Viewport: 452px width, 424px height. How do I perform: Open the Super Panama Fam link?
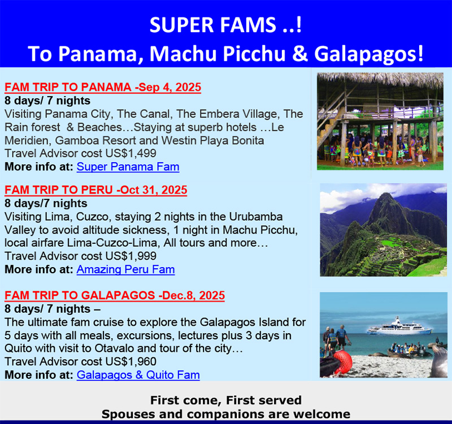click(x=128, y=167)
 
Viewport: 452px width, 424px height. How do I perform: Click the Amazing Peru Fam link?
click(x=125, y=270)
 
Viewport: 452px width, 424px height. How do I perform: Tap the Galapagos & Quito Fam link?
click(x=138, y=375)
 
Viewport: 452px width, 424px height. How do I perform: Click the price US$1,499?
click(x=131, y=153)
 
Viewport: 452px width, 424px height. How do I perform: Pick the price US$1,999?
click(x=131, y=256)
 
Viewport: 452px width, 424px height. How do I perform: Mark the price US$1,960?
click(x=131, y=361)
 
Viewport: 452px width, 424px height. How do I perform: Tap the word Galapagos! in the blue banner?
click(x=369, y=54)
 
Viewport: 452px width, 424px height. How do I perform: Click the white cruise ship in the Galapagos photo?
click(x=399, y=327)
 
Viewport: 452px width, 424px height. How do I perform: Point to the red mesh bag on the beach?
click(x=343, y=362)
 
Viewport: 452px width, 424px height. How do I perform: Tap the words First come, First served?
click(x=226, y=400)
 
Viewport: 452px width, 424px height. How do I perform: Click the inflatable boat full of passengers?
click(x=406, y=350)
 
